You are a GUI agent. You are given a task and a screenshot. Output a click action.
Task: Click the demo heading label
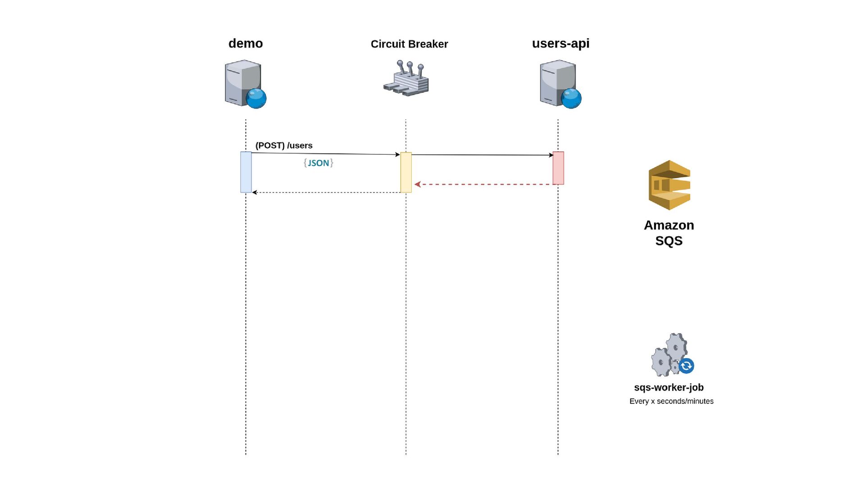coord(246,43)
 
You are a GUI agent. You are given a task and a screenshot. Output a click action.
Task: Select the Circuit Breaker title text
coord(409,44)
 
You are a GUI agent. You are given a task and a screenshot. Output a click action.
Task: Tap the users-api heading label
coord(560,43)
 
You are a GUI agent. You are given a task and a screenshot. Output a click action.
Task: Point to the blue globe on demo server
coord(256,98)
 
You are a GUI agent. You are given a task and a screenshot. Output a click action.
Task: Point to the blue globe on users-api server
coord(571,98)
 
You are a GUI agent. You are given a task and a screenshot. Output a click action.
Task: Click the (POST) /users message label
coord(284,146)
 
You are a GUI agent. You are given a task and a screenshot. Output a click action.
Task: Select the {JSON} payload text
coord(319,163)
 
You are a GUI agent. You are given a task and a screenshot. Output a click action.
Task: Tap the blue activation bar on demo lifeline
coord(246,172)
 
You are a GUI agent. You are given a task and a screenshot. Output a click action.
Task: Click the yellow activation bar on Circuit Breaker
coord(406,172)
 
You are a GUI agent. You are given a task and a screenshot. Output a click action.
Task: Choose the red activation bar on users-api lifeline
coord(558,168)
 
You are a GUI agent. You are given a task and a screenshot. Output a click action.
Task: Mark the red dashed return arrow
coord(483,184)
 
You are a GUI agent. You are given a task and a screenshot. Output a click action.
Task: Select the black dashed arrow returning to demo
coord(326,193)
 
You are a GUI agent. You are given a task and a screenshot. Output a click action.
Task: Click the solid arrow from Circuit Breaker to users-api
coord(483,155)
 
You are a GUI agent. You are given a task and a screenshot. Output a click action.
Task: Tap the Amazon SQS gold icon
coord(669,185)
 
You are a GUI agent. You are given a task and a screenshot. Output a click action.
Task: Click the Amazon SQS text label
coord(669,233)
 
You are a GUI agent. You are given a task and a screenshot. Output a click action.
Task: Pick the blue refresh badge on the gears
coord(686,366)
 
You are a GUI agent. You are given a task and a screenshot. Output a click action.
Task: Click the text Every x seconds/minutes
coord(671,401)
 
